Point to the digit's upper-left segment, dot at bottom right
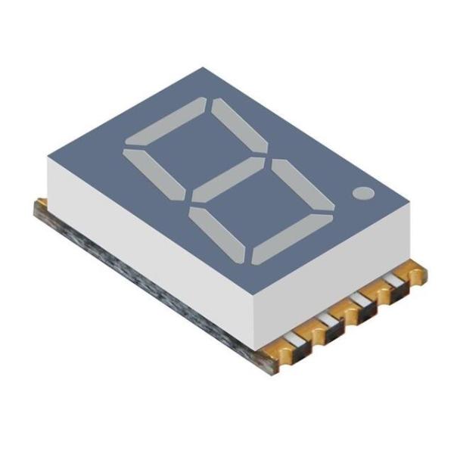click(154, 171)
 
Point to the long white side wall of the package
click(151, 227)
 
